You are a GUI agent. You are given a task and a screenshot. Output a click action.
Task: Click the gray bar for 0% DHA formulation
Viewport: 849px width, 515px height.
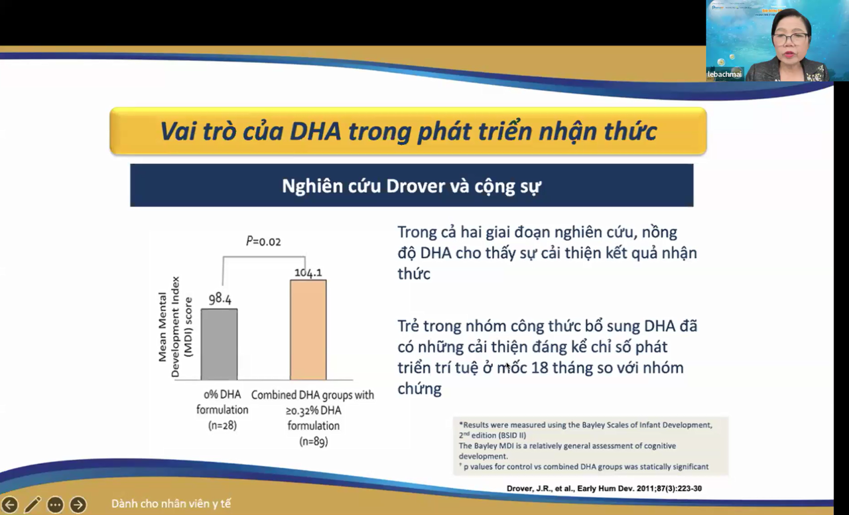coord(219,344)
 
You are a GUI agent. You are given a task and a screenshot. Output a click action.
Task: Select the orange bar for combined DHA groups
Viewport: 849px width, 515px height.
coord(308,329)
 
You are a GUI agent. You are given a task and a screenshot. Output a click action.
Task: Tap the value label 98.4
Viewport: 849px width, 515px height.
coord(220,299)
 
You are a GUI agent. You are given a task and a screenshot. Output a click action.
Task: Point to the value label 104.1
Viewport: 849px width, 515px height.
coord(308,272)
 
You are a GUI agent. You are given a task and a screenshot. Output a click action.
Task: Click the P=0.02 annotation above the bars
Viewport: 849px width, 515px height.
coord(263,242)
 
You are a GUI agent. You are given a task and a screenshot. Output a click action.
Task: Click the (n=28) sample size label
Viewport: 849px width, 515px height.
coord(222,425)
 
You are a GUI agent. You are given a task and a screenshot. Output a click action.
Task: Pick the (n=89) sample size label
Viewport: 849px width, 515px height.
coord(313,441)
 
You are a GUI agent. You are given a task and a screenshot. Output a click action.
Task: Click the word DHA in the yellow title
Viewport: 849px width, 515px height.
coord(315,131)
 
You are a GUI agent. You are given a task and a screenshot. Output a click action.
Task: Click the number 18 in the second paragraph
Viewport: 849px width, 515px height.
coord(542,368)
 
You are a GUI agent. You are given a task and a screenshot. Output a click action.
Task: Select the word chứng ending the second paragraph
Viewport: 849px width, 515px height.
coord(419,388)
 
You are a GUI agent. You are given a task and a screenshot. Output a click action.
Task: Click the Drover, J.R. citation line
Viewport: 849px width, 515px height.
coord(604,488)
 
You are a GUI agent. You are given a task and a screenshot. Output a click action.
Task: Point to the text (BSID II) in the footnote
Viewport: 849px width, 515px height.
coord(507,435)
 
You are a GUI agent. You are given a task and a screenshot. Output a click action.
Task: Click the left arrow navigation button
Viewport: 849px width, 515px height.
coord(9,505)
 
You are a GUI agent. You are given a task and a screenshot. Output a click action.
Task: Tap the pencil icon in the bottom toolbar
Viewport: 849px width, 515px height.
coord(33,505)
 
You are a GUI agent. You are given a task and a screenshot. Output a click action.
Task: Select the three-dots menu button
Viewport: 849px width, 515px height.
coord(55,505)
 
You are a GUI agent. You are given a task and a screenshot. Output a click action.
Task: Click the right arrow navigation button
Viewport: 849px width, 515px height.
coord(78,505)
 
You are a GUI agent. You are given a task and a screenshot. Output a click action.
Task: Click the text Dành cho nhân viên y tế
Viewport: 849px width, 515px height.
coord(171,504)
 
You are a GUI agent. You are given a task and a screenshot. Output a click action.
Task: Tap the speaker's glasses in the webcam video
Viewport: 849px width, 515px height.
coord(790,38)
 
